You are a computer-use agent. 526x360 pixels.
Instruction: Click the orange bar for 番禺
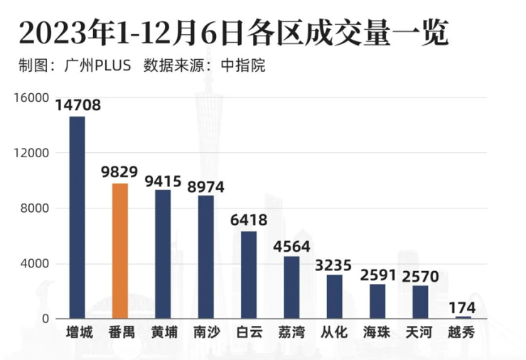pyautogui.click(x=120, y=250)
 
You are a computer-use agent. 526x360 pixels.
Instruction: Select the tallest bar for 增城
pyautogui.click(x=77, y=217)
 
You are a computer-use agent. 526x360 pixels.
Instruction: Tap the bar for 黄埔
pyautogui.click(x=163, y=254)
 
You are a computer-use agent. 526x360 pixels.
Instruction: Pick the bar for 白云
pyautogui.click(x=249, y=275)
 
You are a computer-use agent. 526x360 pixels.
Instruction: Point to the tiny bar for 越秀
pyautogui.click(x=463, y=317)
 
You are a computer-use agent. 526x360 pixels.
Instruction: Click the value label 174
pyautogui.click(x=463, y=307)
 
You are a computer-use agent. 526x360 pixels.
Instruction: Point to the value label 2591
pyautogui.click(x=377, y=275)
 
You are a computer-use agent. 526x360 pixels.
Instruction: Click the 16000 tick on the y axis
pyautogui.click(x=33, y=97)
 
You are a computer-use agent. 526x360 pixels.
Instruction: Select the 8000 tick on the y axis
pyautogui.click(x=36, y=208)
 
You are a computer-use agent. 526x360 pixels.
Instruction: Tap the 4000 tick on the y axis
pyautogui.click(x=36, y=264)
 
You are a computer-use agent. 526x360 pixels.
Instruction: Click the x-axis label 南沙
pyautogui.click(x=206, y=332)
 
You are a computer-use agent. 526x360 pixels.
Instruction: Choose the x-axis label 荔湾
pyautogui.click(x=291, y=332)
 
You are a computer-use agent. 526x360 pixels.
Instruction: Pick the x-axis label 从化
pyautogui.click(x=334, y=332)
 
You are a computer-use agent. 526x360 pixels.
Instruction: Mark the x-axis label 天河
pyautogui.click(x=420, y=332)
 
